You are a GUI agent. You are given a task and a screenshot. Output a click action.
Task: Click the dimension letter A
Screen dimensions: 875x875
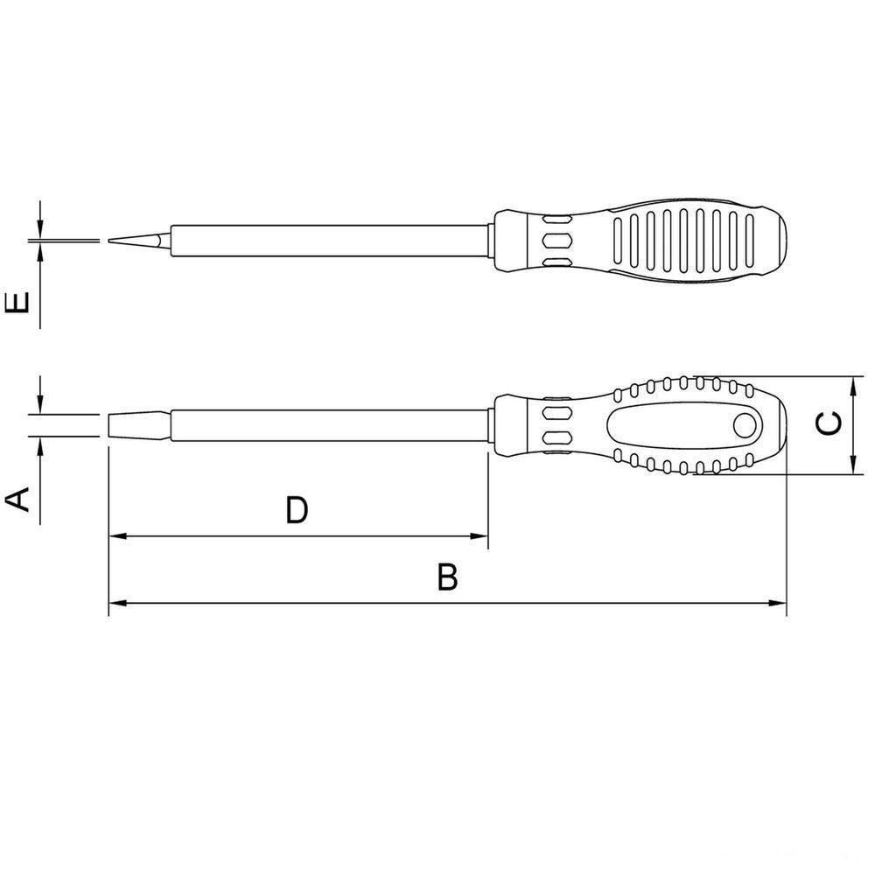coord(18,500)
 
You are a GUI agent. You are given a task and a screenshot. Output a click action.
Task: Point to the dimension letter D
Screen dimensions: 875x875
coord(297,510)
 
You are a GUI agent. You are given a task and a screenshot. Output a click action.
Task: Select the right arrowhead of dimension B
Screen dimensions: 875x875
coord(779,603)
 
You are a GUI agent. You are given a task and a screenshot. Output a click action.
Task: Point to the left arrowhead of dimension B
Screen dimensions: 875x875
coord(116,603)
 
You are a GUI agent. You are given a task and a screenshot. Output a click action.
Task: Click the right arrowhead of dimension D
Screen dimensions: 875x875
coord(479,535)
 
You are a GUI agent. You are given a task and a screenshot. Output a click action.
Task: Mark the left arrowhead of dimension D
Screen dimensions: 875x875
coord(116,535)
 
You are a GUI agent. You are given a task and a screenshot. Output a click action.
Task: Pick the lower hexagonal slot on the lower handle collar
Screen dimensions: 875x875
coord(556,439)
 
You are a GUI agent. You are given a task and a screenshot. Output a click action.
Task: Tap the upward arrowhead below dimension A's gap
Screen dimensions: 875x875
coord(40,444)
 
